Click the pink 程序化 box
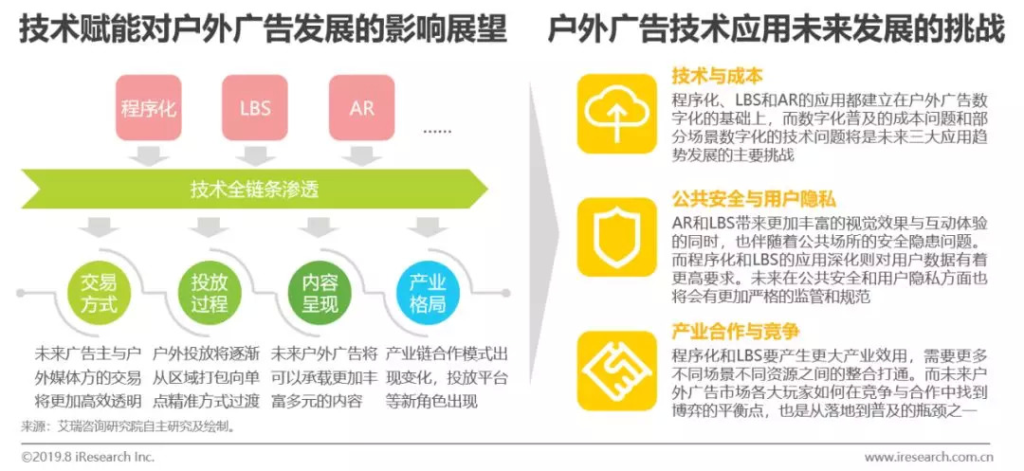[149, 107]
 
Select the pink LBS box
[255, 107]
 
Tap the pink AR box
[362, 107]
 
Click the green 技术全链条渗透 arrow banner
[256, 189]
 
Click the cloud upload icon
[617, 113]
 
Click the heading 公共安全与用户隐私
[754, 200]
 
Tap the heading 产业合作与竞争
[736, 332]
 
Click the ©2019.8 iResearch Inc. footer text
[87, 456]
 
